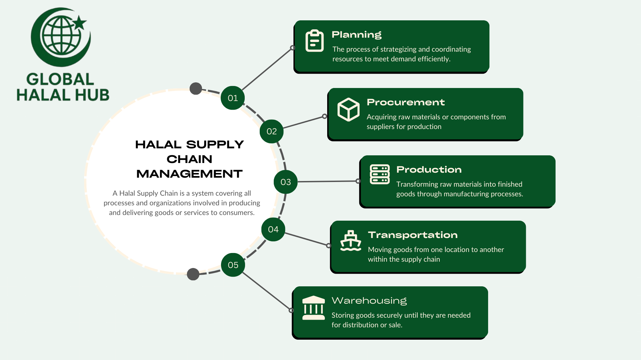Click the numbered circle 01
click(233, 98)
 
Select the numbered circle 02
click(271, 131)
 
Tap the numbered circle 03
click(285, 182)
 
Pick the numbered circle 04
click(273, 229)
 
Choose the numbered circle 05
click(233, 265)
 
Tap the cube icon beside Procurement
click(348, 109)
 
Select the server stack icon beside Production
click(380, 174)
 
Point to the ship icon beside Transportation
click(351, 241)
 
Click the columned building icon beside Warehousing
click(313, 308)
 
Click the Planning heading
click(356, 35)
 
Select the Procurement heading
click(405, 102)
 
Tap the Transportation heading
click(413, 235)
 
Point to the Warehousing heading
click(369, 301)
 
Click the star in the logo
click(79, 23)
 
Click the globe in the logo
click(61, 36)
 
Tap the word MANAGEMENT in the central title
click(189, 174)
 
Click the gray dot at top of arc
click(196, 89)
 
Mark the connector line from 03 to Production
click(327, 181)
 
